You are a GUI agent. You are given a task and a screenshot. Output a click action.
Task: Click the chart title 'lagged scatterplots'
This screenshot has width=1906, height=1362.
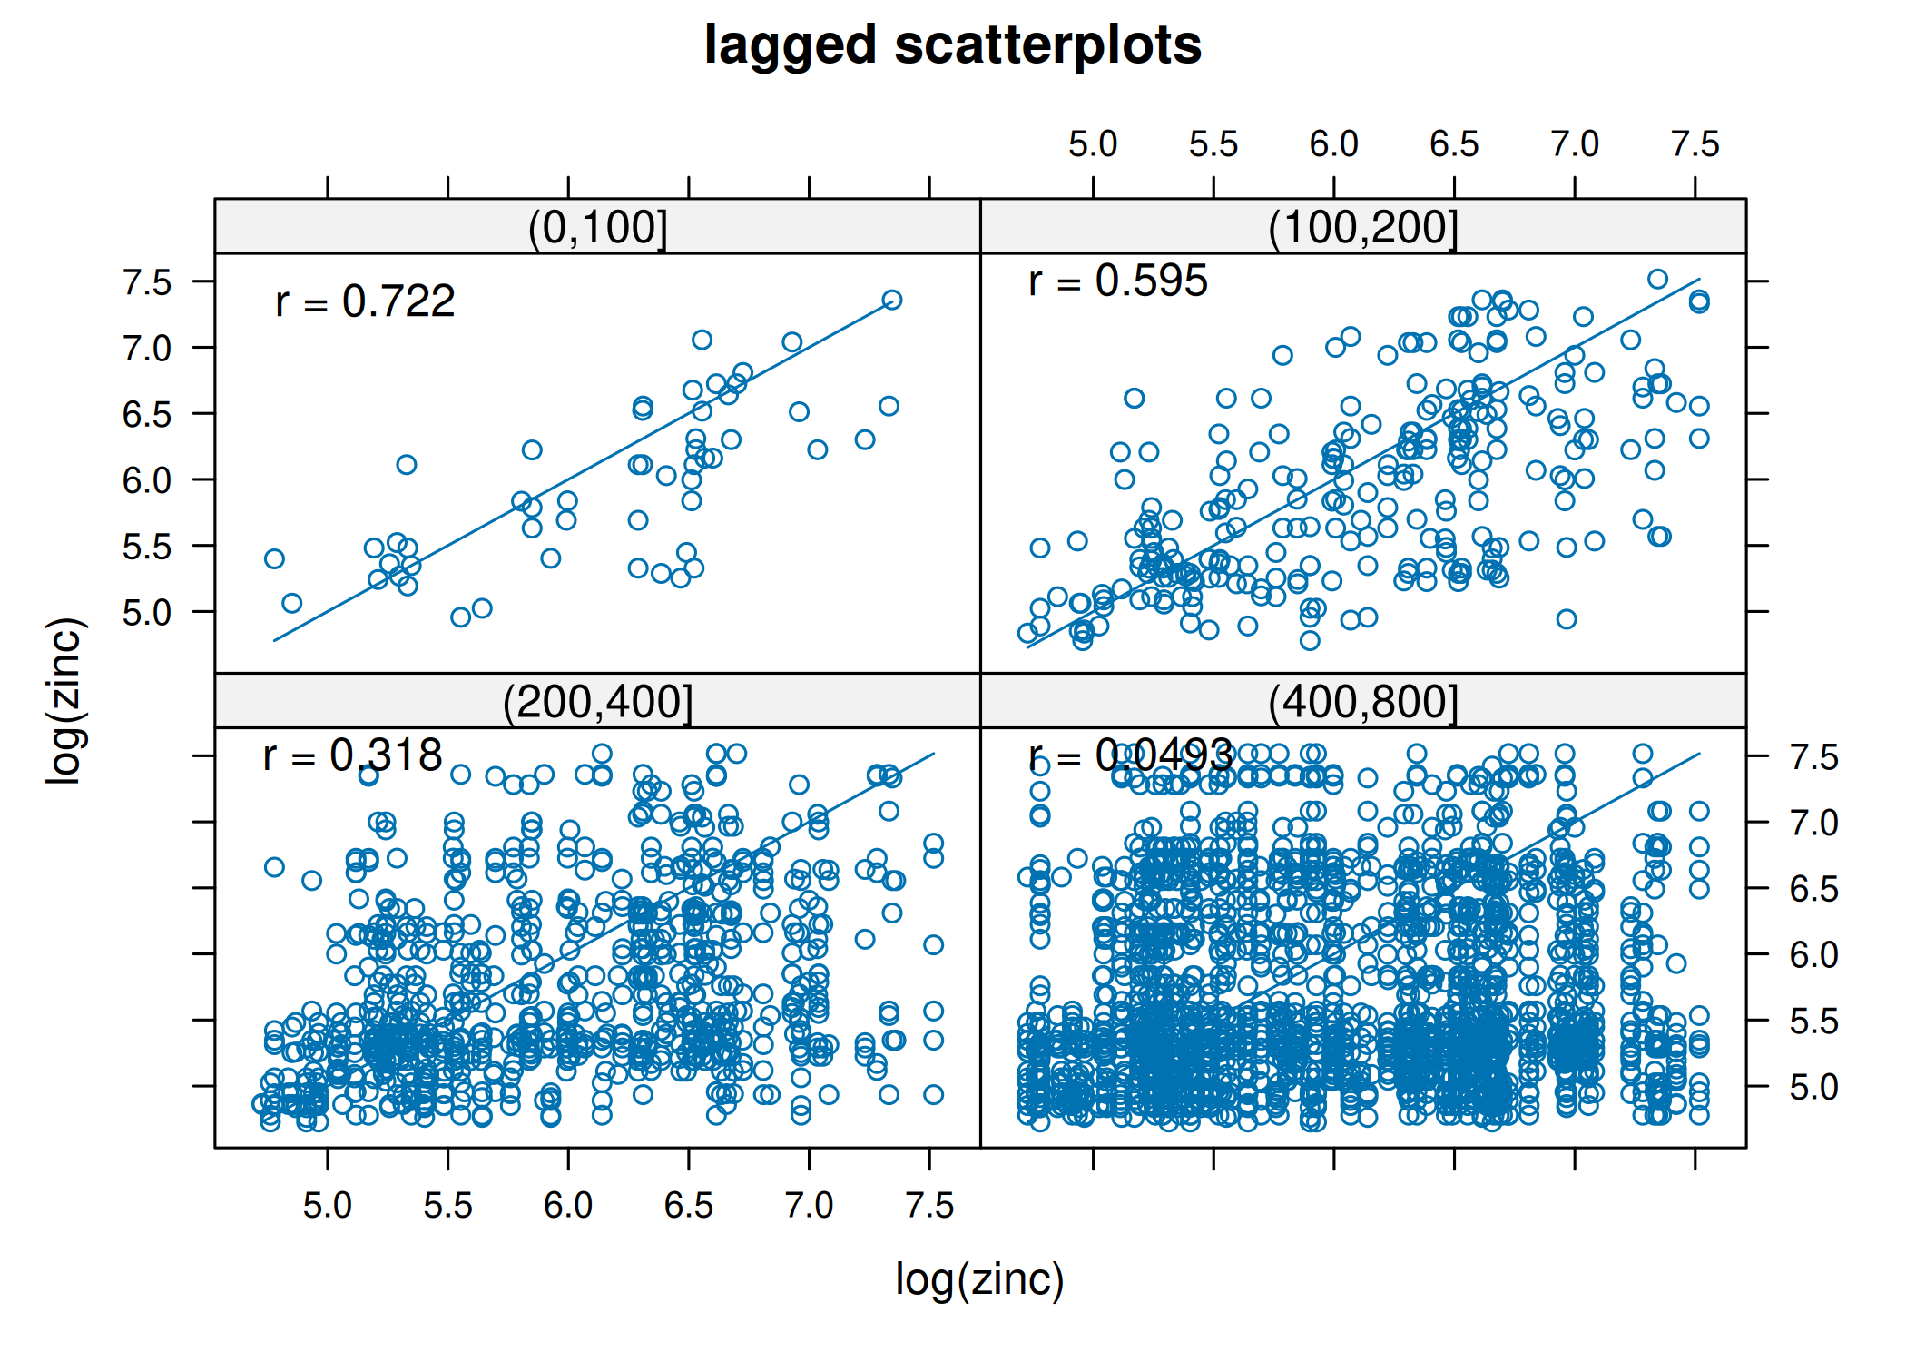(x=952, y=45)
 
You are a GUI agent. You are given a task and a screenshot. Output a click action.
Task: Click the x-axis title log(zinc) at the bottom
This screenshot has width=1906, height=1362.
(x=979, y=1279)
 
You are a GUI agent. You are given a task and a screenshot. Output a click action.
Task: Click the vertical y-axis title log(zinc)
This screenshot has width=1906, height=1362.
(x=66, y=699)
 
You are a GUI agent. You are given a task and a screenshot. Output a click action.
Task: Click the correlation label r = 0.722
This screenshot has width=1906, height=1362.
(x=365, y=301)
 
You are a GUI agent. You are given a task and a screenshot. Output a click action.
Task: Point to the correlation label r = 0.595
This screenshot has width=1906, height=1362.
(x=1117, y=281)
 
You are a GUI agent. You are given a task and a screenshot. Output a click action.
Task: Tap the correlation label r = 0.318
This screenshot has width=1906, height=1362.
(x=352, y=755)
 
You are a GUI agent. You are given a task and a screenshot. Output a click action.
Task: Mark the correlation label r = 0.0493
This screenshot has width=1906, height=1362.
(x=1130, y=755)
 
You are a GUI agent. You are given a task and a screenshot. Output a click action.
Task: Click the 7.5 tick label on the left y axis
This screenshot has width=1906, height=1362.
(x=147, y=282)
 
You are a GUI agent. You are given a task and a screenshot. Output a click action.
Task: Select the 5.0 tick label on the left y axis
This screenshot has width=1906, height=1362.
(x=147, y=613)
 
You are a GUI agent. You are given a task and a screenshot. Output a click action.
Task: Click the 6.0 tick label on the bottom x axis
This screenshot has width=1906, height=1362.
(x=568, y=1206)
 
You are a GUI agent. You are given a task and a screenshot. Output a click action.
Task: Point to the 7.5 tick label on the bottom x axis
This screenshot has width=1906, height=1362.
(x=929, y=1206)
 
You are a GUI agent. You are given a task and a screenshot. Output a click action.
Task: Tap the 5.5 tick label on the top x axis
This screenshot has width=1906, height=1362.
(x=1213, y=144)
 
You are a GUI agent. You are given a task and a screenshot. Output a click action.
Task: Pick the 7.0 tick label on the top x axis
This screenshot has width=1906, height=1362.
(x=1575, y=144)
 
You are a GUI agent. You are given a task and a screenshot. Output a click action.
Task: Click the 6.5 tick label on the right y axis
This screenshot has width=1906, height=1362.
(x=1813, y=889)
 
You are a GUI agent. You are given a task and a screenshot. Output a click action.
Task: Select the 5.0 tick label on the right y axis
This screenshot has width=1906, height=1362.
(x=1813, y=1087)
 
